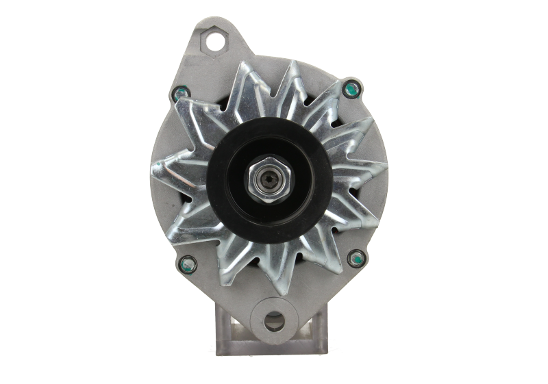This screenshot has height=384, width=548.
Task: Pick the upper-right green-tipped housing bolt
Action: [351, 87]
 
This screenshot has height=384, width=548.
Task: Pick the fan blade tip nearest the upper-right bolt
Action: [337, 88]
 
